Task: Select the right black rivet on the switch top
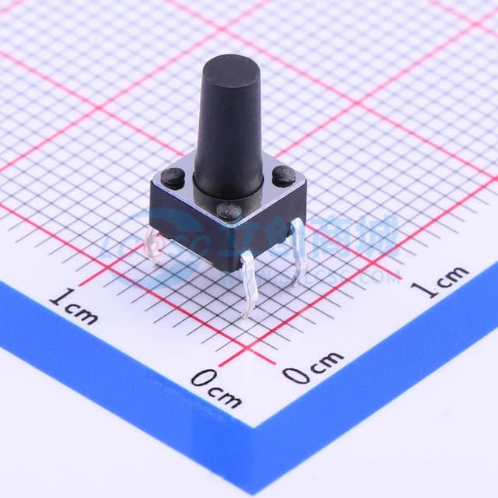click(283, 177)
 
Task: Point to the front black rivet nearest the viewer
click(229, 210)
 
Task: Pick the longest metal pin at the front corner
click(247, 284)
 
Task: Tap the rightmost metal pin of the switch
click(297, 249)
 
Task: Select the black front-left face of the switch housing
click(187, 226)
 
